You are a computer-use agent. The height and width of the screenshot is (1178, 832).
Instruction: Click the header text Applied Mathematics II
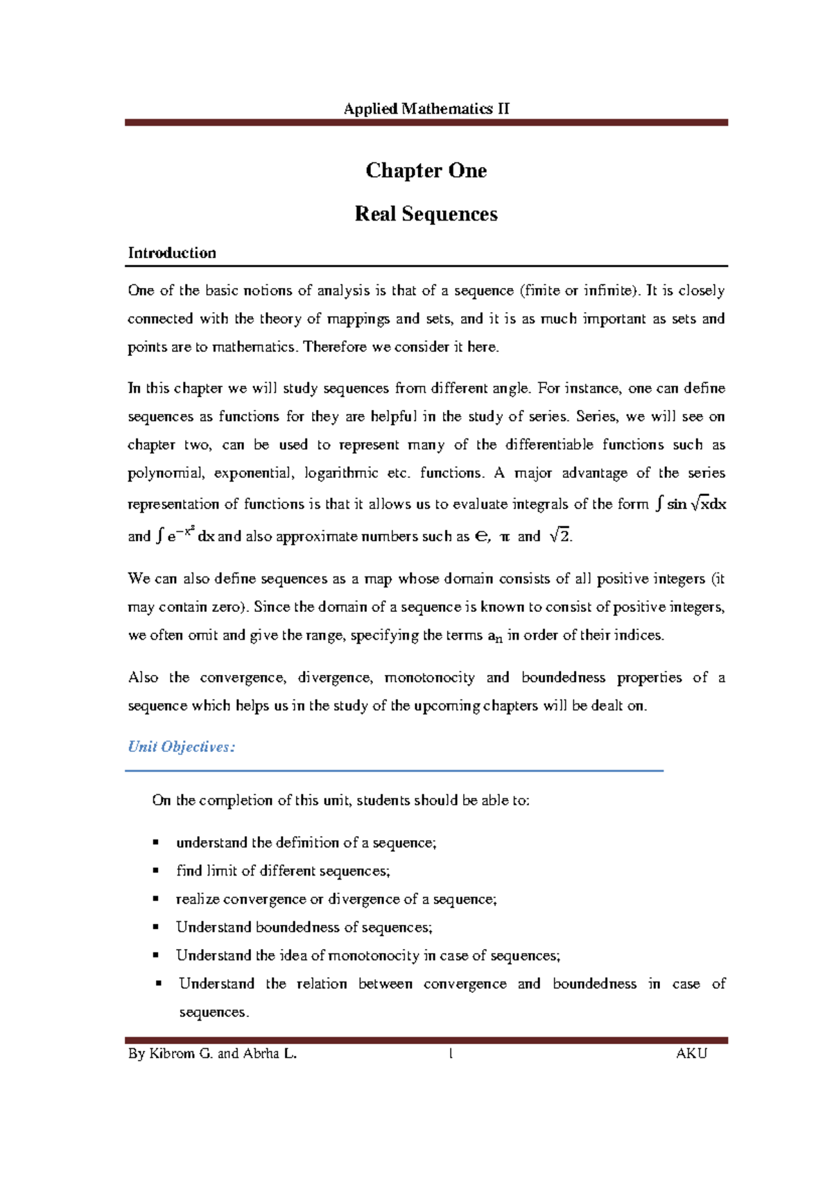click(x=426, y=109)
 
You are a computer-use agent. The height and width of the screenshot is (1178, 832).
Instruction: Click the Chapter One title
click(x=426, y=171)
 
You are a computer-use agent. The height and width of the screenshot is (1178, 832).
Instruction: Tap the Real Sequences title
click(x=426, y=214)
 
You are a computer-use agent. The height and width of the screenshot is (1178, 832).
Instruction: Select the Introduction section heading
click(x=172, y=253)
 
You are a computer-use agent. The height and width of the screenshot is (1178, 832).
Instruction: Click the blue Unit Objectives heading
click(x=182, y=747)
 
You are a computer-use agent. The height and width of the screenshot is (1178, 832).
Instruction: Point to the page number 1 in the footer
click(x=451, y=1054)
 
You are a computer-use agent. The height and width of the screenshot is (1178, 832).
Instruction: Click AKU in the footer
click(x=691, y=1054)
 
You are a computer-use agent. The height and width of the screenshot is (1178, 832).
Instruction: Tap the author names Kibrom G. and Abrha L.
click(x=212, y=1054)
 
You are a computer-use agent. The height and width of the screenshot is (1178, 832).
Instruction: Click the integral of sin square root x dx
click(x=691, y=504)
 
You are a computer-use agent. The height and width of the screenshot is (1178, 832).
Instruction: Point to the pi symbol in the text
click(x=504, y=537)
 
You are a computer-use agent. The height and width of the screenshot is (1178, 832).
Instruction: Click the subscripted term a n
click(x=494, y=636)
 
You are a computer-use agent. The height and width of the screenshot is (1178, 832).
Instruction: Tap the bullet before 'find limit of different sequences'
click(x=156, y=871)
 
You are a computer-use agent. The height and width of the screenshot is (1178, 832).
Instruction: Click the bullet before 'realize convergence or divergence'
click(x=156, y=899)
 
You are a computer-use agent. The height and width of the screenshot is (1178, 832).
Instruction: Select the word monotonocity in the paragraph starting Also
click(x=429, y=678)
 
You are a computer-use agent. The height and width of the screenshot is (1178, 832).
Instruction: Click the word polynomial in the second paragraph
click(x=166, y=474)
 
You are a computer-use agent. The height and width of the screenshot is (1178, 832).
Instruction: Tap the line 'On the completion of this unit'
click(x=340, y=801)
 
